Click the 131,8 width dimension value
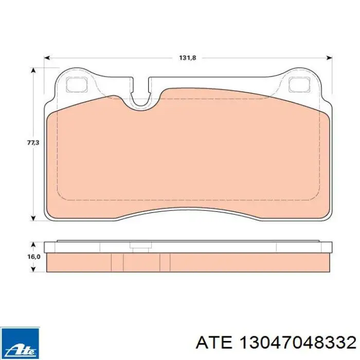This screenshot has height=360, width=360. pos(187,58)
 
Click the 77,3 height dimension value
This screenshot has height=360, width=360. pos(33,142)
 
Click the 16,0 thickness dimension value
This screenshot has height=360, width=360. pos(34,257)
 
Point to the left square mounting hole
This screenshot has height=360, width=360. pos(77,84)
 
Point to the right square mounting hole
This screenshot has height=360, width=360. pos(299,84)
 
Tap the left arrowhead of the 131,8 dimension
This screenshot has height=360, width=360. pos(47,58)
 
